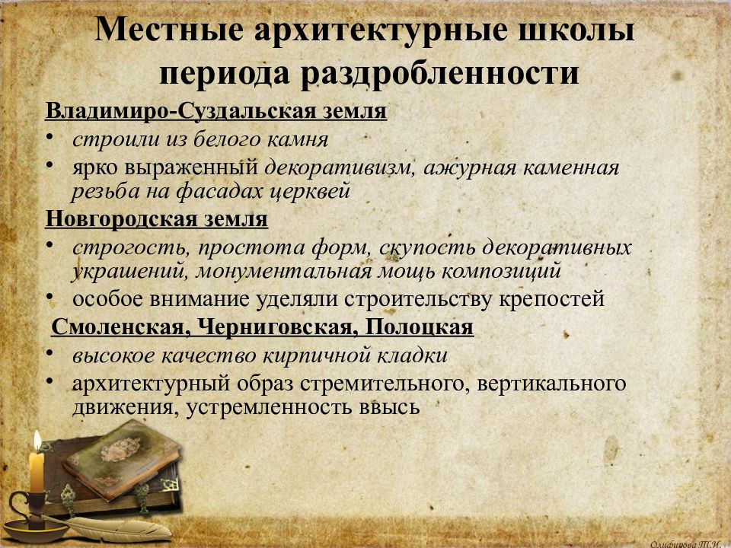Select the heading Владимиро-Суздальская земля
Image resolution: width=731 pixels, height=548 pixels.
(x=216, y=111)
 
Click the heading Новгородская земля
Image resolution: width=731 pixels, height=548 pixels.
(x=156, y=219)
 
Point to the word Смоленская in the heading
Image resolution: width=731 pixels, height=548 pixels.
(x=120, y=327)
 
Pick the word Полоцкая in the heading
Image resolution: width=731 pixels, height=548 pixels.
(x=420, y=327)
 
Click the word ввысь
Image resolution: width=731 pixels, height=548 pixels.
(x=386, y=406)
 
